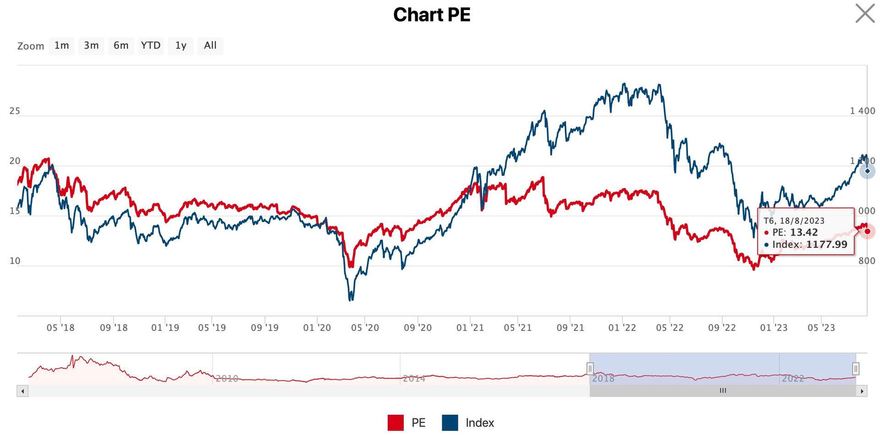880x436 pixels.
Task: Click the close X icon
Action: coord(865,13)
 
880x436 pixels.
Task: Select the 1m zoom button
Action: coord(61,45)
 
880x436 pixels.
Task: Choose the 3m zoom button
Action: coord(91,45)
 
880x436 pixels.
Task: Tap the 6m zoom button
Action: coord(121,45)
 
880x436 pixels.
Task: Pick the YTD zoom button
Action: coord(151,45)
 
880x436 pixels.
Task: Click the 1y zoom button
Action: coord(181,45)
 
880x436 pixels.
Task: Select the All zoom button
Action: coord(210,45)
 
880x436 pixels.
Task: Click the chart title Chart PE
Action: coord(432,15)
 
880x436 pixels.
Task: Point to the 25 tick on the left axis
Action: coord(15,111)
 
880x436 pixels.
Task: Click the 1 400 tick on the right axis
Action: coord(862,111)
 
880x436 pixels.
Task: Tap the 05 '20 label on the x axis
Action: coord(365,328)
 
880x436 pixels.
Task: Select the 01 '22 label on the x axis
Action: coord(622,328)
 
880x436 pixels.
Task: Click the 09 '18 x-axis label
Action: coord(114,328)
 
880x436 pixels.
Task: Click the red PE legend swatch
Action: coord(396,423)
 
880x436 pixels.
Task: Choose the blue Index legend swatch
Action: coord(450,423)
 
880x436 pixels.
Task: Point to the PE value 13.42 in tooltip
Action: coord(804,233)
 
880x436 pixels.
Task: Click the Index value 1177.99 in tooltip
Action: coord(826,245)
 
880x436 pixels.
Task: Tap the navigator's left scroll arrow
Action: coord(22,391)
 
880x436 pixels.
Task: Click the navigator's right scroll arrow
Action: coord(862,391)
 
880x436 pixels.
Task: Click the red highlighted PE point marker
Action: coord(867,231)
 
